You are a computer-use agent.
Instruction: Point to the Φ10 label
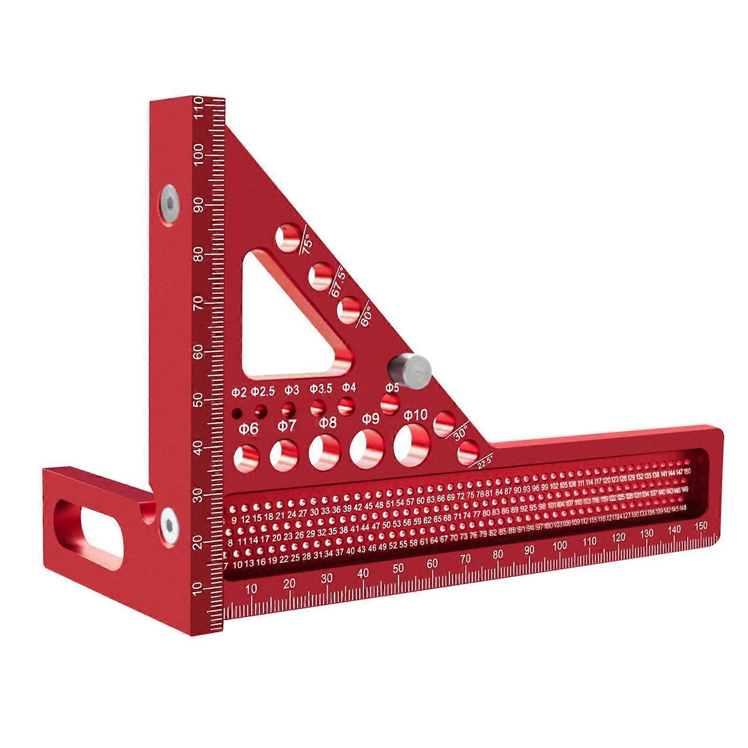(415, 414)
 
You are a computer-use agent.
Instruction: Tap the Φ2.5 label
(263, 392)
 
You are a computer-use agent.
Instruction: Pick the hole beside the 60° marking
(349, 309)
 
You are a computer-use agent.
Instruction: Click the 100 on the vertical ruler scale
(199, 154)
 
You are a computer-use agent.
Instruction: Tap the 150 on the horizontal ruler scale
(701, 526)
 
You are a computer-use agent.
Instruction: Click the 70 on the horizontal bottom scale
(465, 558)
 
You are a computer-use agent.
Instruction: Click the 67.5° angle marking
(338, 282)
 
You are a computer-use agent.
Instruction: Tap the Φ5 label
(392, 387)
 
